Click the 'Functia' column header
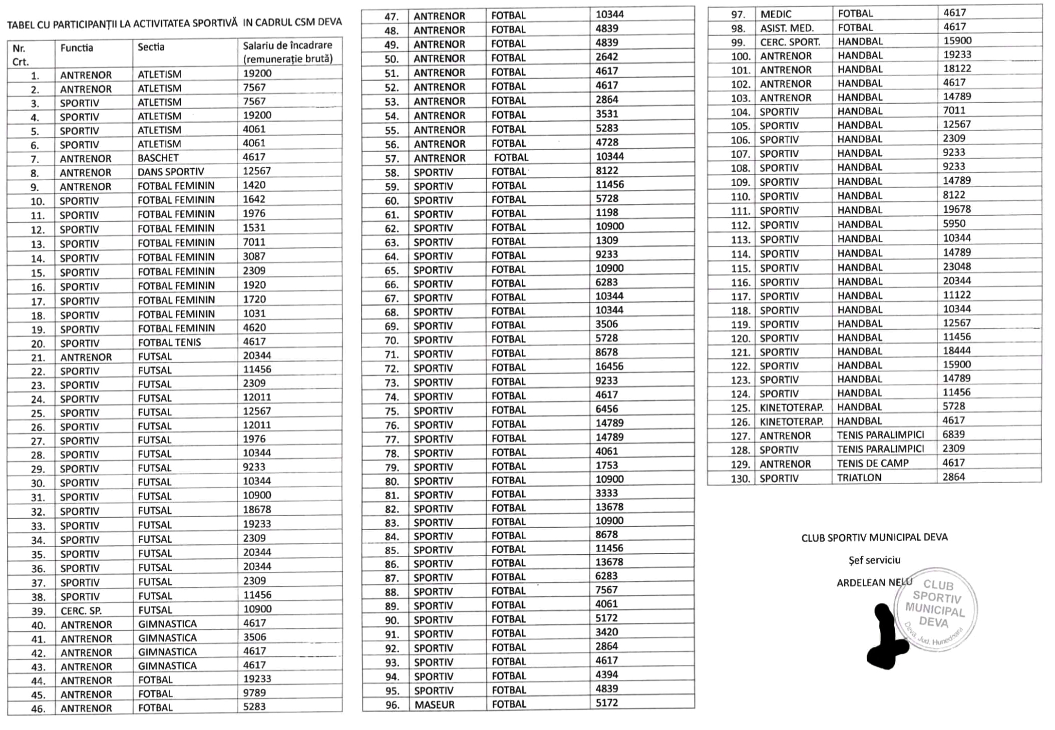click(77, 48)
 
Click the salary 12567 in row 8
click(257, 171)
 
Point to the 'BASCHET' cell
click(158, 158)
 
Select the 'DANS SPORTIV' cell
click(170, 172)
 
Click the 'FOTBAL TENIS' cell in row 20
click(169, 343)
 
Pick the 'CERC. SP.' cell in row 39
click(81, 611)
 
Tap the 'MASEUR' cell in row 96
click(434, 705)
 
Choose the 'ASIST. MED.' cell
click(787, 29)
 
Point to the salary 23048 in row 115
click(957, 267)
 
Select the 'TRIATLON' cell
click(859, 478)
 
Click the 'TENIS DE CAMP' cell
click(872, 464)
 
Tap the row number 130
click(740, 479)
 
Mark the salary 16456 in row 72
click(609, 367)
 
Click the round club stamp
click(935, 609)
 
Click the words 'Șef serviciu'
click(874, 560)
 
